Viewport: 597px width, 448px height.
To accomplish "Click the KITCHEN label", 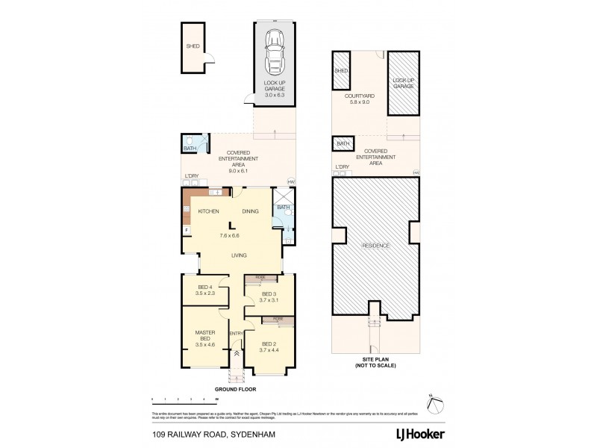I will (207, 211).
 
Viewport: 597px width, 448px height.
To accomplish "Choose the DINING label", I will (250, 211).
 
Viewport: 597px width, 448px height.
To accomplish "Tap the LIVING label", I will (239, 255).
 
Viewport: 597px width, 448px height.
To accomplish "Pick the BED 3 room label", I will (268, 296).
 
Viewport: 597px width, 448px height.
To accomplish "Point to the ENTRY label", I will (236, 333).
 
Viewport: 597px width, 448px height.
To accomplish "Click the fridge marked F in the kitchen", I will (187, 228).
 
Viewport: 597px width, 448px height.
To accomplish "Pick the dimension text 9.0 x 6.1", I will (240, 171).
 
